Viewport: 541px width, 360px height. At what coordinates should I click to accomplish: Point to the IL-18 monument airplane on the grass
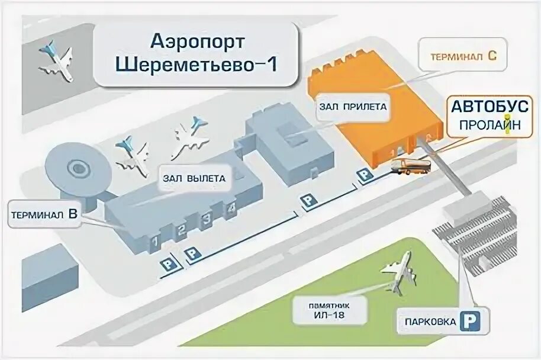pos(398,272)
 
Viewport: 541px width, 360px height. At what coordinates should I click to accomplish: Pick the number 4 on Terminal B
pos(233,208)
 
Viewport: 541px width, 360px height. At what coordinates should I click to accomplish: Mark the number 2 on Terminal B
pos(182,230)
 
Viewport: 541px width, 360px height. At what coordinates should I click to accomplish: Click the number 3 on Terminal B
pos(207,220)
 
